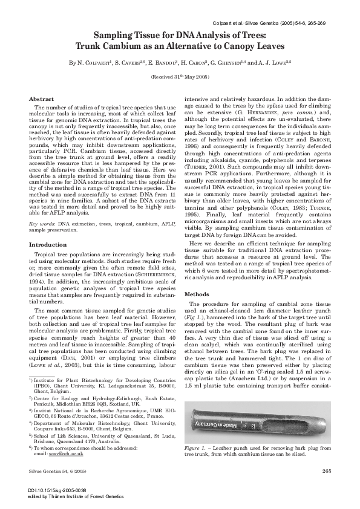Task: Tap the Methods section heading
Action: (197, 294)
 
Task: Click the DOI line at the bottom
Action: (54, 490)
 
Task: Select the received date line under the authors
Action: (179, 78)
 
